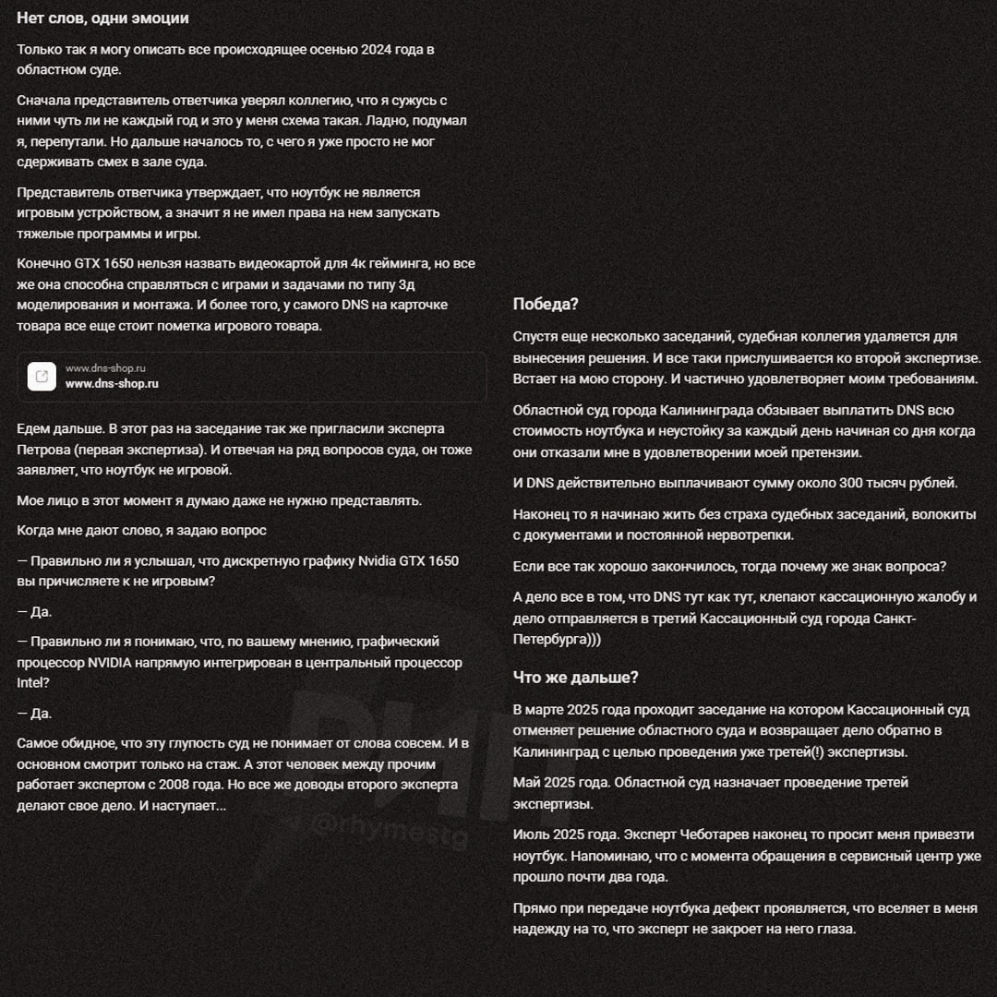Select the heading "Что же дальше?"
[575, 678]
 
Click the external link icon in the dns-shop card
[42, 377]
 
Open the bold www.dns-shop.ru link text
[112, 384]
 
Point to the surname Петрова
[47, 450]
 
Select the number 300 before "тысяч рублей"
[847, 482]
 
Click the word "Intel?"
[33, 683]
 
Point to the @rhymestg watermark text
[388, 825]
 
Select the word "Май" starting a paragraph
[527, 782]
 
